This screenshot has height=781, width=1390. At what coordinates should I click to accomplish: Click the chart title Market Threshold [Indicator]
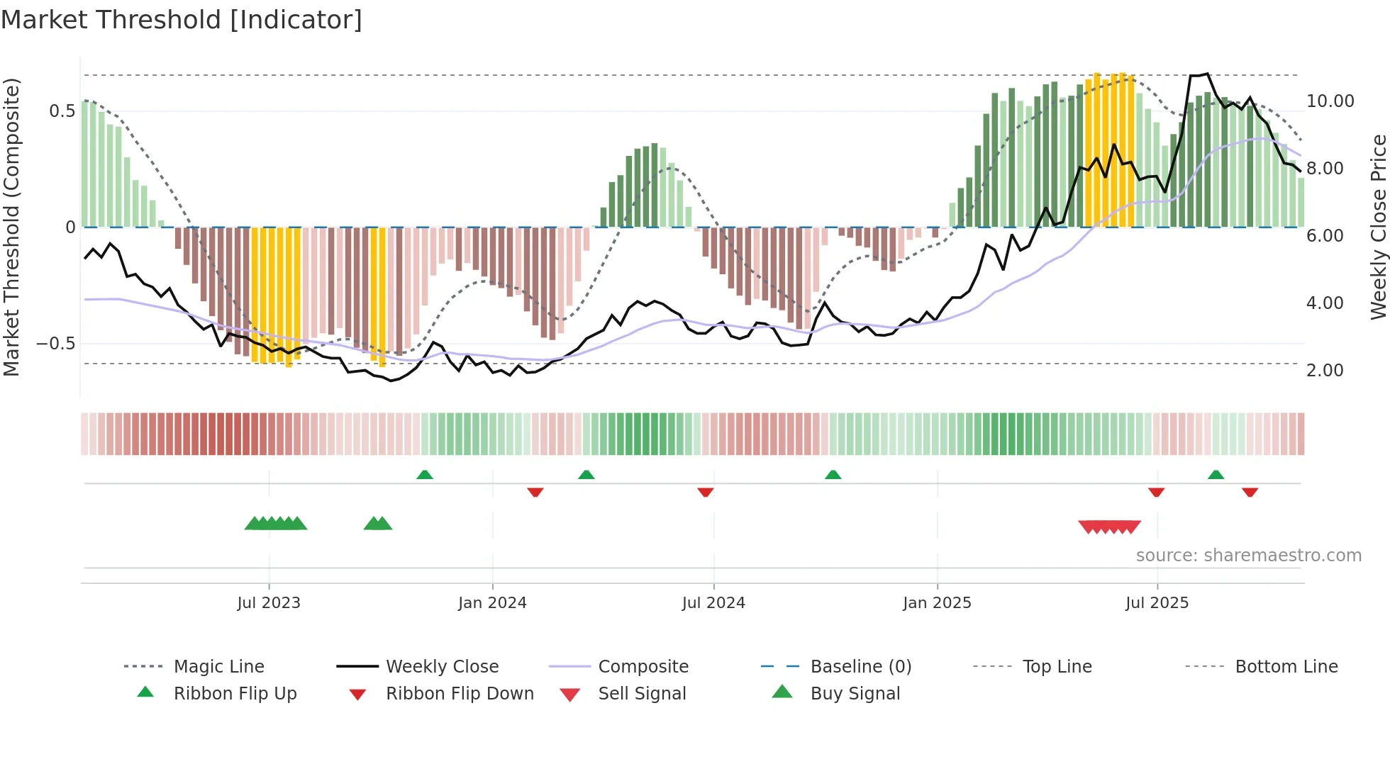click(182, 20)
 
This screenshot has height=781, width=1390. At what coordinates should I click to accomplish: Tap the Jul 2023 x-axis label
click(269, 603)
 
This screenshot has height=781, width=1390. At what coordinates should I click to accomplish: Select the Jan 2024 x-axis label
click(492, 603)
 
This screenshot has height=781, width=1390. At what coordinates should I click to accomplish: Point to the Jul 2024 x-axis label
click(713, 603)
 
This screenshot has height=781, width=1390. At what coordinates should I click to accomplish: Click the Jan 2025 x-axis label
click(937, 603)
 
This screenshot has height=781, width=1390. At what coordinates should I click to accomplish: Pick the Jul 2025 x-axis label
click(1157, 603)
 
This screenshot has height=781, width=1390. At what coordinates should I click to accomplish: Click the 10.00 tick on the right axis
click(1330, 101)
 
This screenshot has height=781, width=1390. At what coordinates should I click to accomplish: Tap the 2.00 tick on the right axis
click(1325, 371)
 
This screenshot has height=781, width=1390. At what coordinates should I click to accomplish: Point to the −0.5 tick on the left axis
click(55, 344)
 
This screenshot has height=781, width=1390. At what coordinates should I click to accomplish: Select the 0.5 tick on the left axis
click(62, 111)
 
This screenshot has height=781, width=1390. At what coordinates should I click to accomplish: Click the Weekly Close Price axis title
click(1378, 227)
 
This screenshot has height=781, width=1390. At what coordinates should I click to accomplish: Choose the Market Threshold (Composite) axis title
click(11, 227)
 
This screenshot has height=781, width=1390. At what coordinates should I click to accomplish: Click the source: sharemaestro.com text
click(1248, 556)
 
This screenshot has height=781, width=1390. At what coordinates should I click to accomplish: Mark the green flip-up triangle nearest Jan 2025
click(833, 475)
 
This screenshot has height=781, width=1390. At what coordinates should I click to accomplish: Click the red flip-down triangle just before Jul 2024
click(705, 492)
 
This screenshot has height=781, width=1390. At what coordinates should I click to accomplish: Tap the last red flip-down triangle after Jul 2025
click(1250, 492)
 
